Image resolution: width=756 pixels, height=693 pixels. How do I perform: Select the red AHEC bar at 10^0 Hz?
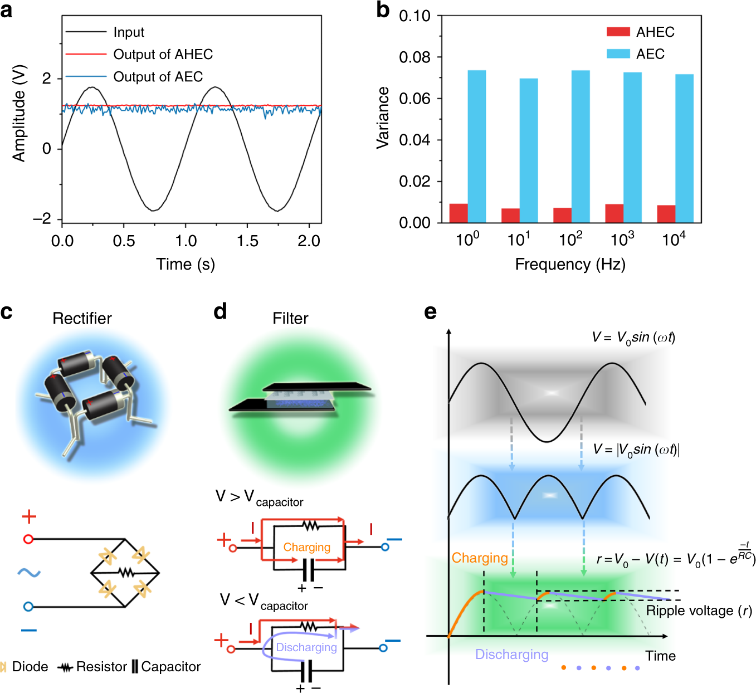click(459, 213)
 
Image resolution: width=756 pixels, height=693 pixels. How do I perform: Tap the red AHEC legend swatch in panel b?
click(618, 32)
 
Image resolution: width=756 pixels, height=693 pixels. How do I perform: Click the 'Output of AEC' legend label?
click(158, 77)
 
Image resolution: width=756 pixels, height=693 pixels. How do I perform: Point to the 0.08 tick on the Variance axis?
click(414, 57)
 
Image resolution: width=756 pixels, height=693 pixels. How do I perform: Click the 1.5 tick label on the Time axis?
click(247, 241)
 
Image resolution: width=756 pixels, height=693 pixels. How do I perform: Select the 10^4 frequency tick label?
click(674, 240)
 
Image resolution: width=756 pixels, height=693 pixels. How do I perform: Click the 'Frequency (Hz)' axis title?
click(570, 265)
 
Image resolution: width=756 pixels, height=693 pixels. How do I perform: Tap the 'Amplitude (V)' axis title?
click(19, 114)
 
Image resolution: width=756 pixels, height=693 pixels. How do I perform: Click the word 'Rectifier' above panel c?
click(82, 318)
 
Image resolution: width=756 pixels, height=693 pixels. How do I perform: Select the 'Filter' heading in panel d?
click(290, 318)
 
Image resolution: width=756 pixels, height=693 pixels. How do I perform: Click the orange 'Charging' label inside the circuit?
click(306, 547)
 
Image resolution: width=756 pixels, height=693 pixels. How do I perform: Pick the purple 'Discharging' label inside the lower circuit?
click(306, 647)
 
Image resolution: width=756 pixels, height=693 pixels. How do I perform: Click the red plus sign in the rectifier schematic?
click(29, 517)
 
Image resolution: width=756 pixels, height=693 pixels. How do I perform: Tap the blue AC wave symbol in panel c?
click(28, 572)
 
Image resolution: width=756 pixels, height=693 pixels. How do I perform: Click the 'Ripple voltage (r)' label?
click(699, 611)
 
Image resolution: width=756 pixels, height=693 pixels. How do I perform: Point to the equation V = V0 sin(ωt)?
click(633, 338)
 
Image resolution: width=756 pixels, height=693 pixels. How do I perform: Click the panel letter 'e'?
click(430, 312)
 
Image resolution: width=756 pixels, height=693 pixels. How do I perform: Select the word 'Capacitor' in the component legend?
click(170, 667)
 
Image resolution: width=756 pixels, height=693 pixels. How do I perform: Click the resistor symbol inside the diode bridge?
click(126, 572)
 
